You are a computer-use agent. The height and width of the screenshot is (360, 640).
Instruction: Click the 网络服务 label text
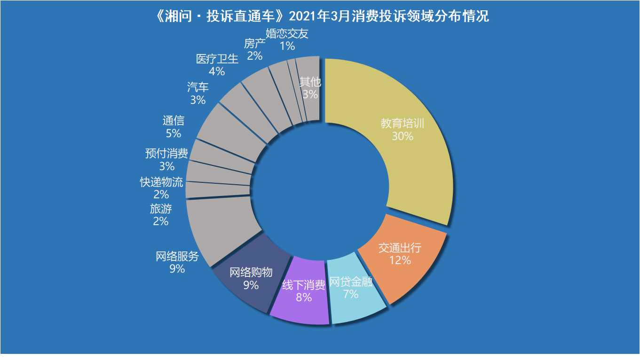pyautogui.click(x=177, y=257)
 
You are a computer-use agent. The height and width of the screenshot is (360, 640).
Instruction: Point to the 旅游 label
pyautogui.click(x=161, y=209)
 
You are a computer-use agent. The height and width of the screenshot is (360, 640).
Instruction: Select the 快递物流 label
pyautogui.click(x=161, y=182)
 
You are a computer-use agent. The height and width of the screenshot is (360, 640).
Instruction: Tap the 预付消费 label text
pyautogui.click(x=166, y=153)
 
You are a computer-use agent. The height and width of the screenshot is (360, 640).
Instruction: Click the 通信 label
pyautogui.click(x=174, y=121)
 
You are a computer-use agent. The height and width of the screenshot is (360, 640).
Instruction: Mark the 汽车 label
pyautogui.click(x=198, y=87)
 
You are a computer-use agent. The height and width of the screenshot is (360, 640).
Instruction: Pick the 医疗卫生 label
pyautogui.click(x=217, y=59)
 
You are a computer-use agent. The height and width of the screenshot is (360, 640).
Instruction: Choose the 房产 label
pyautogui.click(x=255, y=44)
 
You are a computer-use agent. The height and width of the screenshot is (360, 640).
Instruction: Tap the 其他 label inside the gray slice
pyautogui.click(x=310, y=82)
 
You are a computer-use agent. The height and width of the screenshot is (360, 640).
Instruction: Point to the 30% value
pyautogui.click(x=403, y=136)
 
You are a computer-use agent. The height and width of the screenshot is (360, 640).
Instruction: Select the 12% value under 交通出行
pyautogui.click(x=400, y=260)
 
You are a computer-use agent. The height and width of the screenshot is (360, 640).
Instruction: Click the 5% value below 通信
pyautogui.click(x=174, y=133)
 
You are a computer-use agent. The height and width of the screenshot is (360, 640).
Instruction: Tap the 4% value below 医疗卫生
pyautogui.click(x=217, y=71)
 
